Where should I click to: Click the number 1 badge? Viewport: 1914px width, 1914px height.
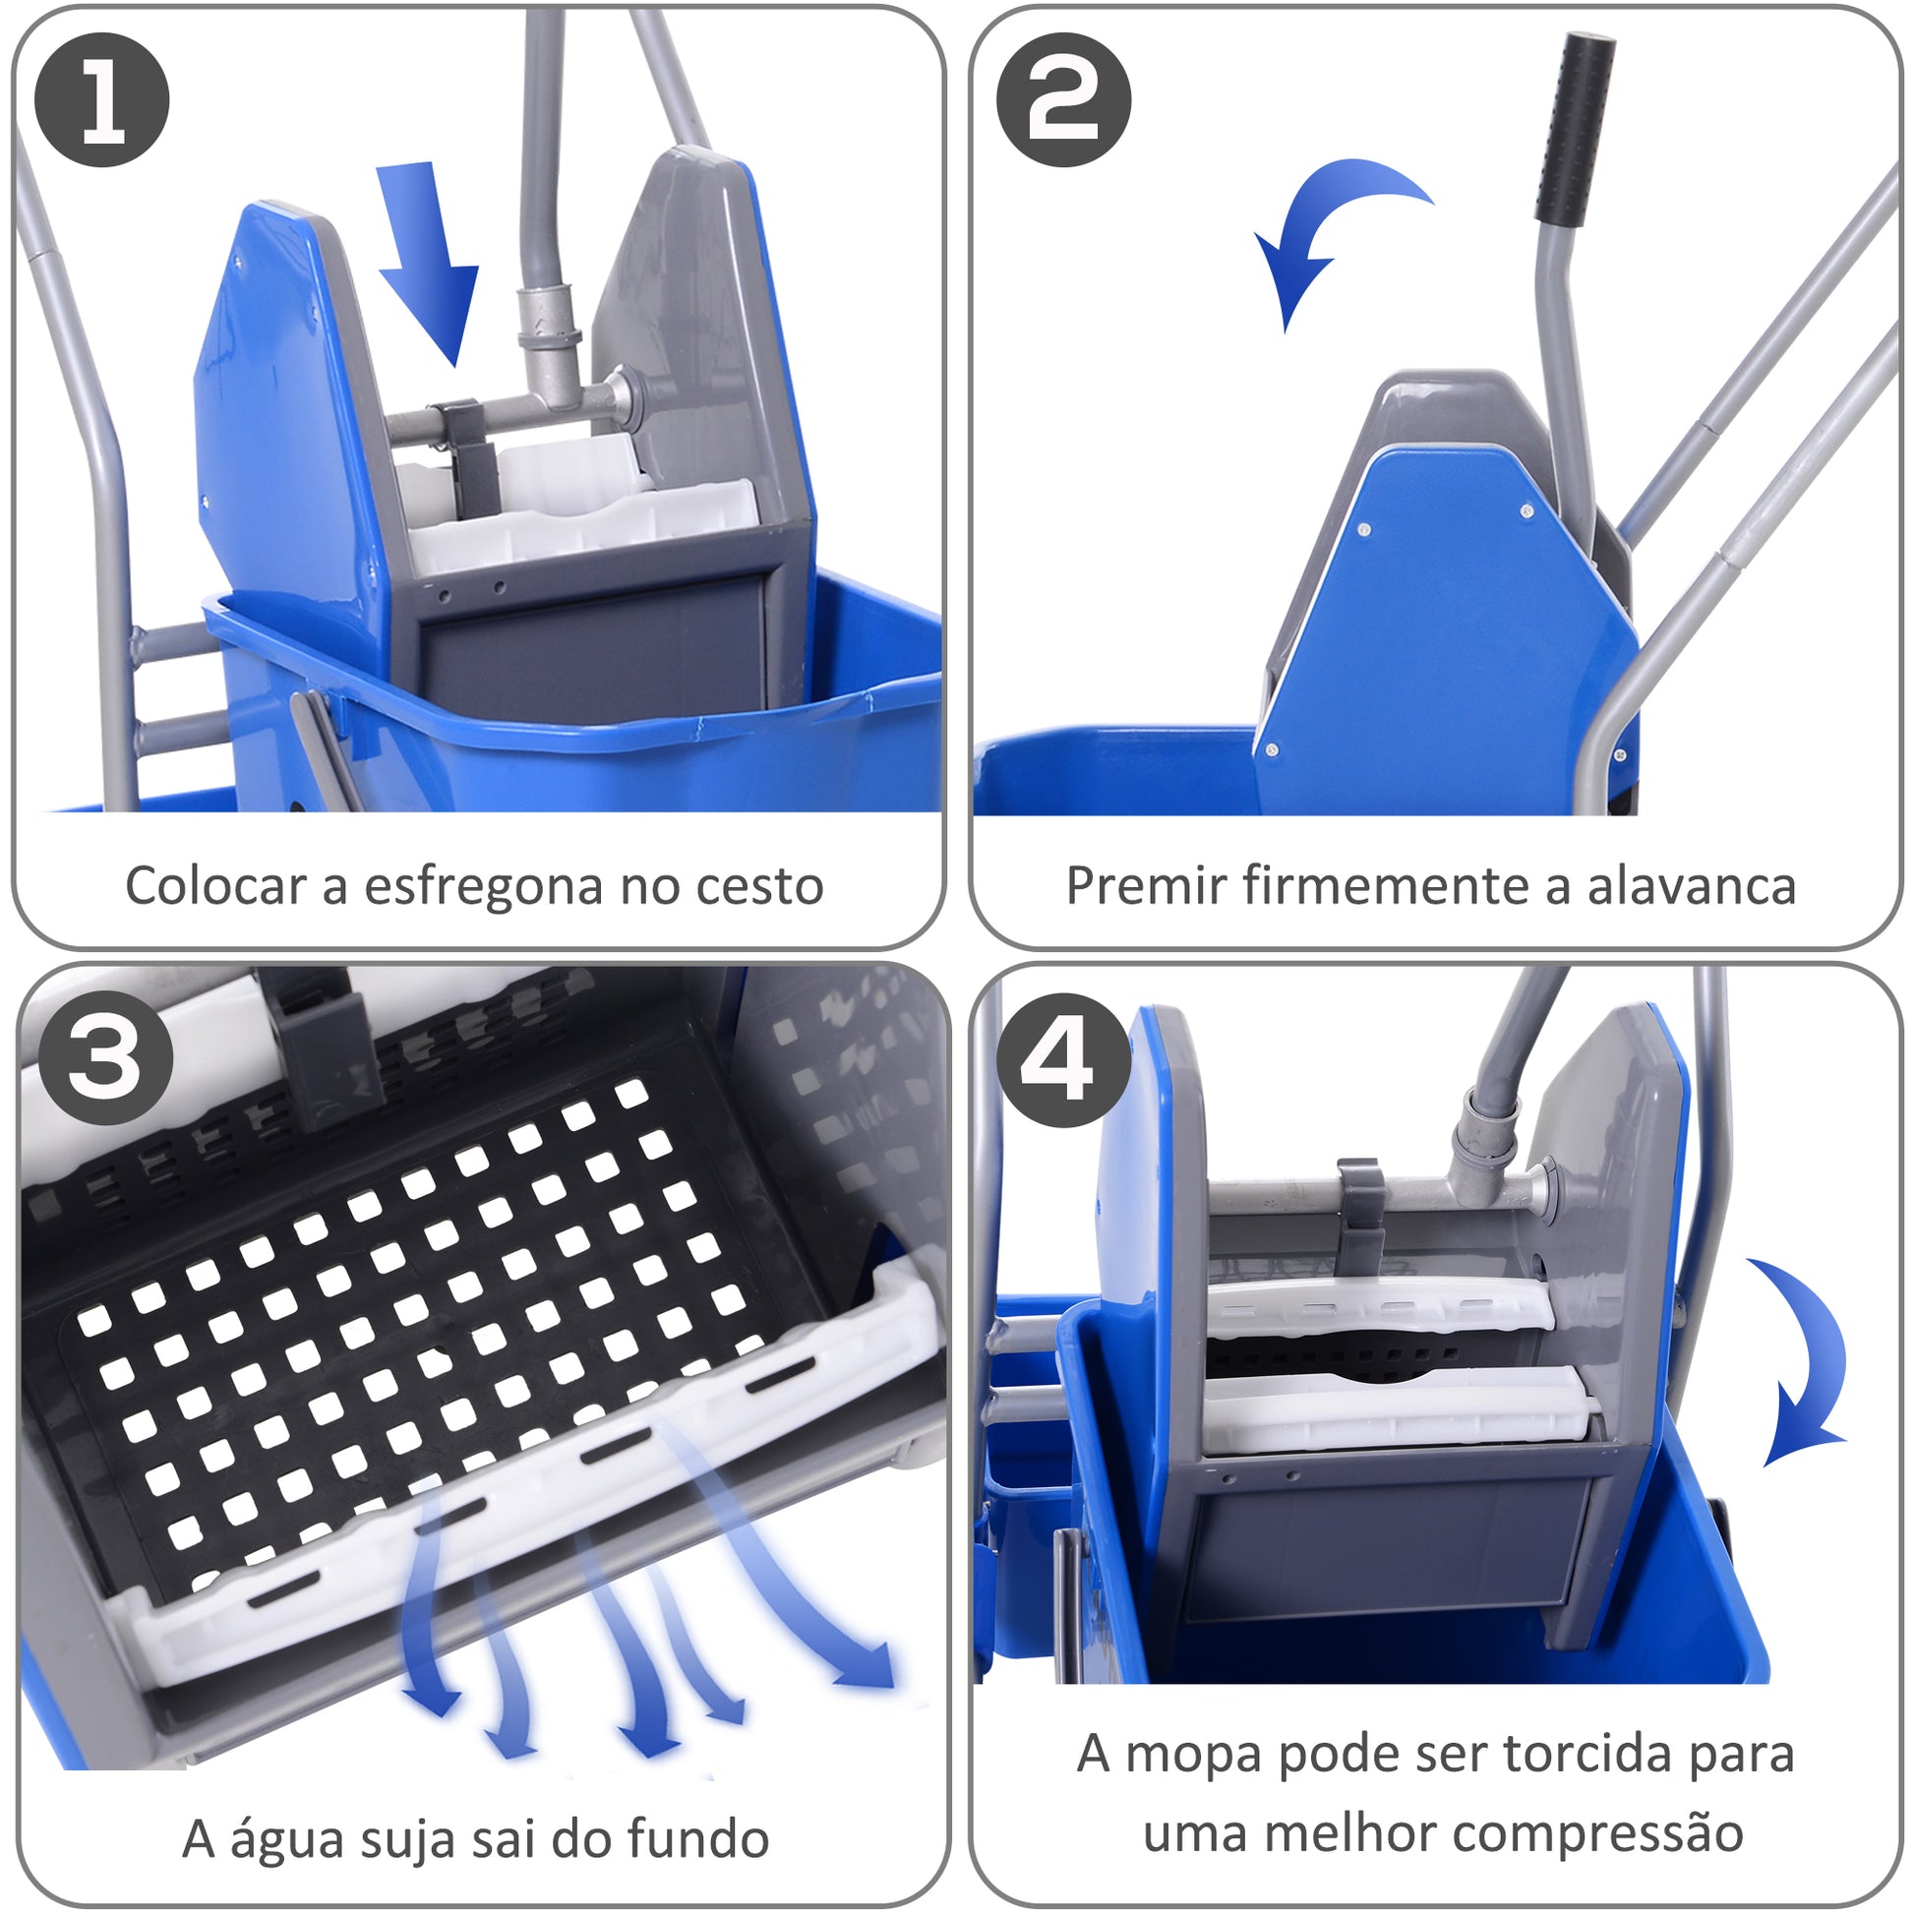(102, 99)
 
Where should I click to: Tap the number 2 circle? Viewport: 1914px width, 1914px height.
(1064, 99)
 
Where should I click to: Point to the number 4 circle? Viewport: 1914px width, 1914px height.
(1064, 1060)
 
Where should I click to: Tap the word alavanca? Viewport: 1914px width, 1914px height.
(1692, 885)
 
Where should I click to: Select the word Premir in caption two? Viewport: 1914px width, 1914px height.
(1146, 885)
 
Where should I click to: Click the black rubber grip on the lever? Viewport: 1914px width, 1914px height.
(1575, 128)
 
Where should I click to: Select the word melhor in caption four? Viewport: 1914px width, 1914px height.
(1325, 1834)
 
